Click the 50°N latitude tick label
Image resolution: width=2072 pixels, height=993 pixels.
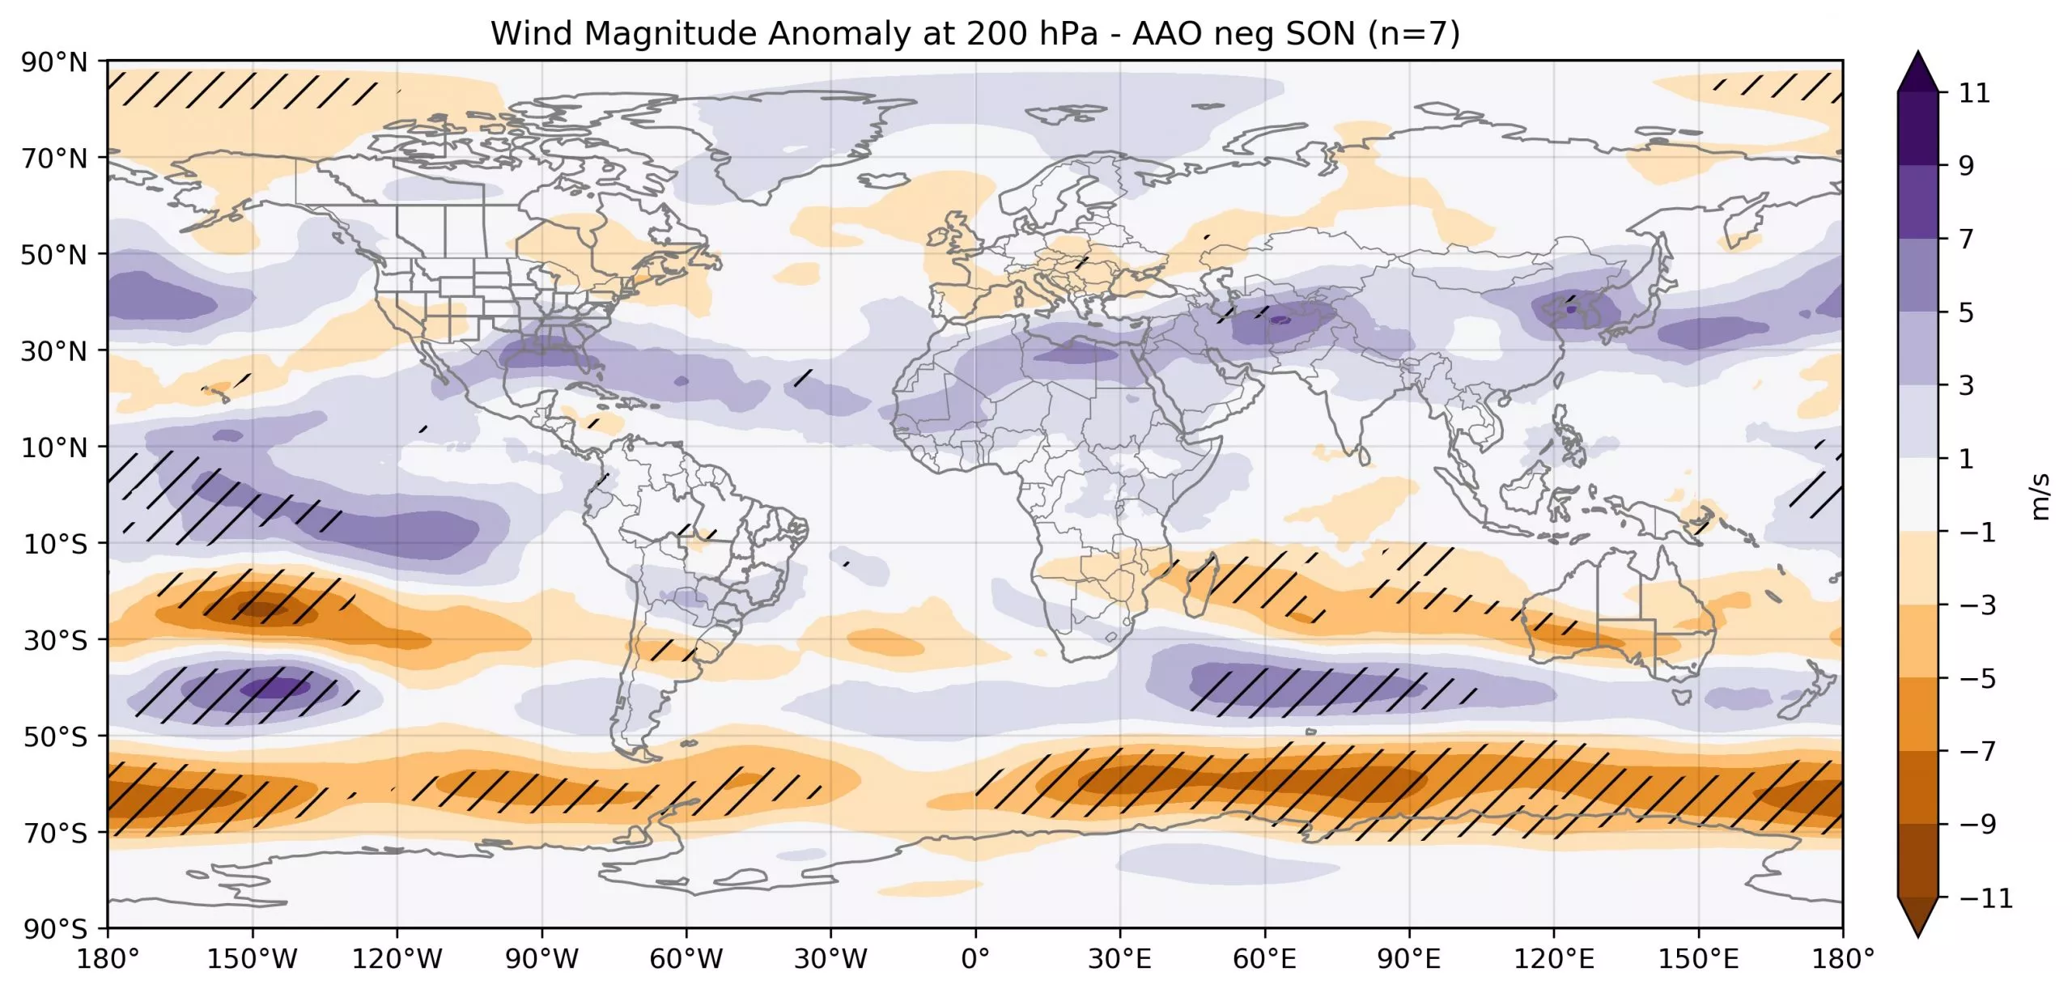(53, 255)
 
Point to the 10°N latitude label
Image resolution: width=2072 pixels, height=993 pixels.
(53, 448)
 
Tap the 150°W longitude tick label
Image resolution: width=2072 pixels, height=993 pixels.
(252, 959)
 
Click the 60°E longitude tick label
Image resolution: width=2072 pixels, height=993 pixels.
(1264, 959)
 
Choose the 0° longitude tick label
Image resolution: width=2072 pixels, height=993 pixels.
(975, 959)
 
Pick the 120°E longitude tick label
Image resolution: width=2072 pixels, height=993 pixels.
(1554, 959)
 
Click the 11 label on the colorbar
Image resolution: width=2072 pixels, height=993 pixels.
(1974, 93)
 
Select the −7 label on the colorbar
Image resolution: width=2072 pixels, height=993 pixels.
(1978, 751)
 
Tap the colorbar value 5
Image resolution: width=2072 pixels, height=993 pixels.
(1967, 312)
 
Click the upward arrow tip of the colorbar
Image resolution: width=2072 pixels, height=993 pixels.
(1917, 51)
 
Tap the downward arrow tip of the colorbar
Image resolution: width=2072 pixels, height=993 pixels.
(1917, 936)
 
